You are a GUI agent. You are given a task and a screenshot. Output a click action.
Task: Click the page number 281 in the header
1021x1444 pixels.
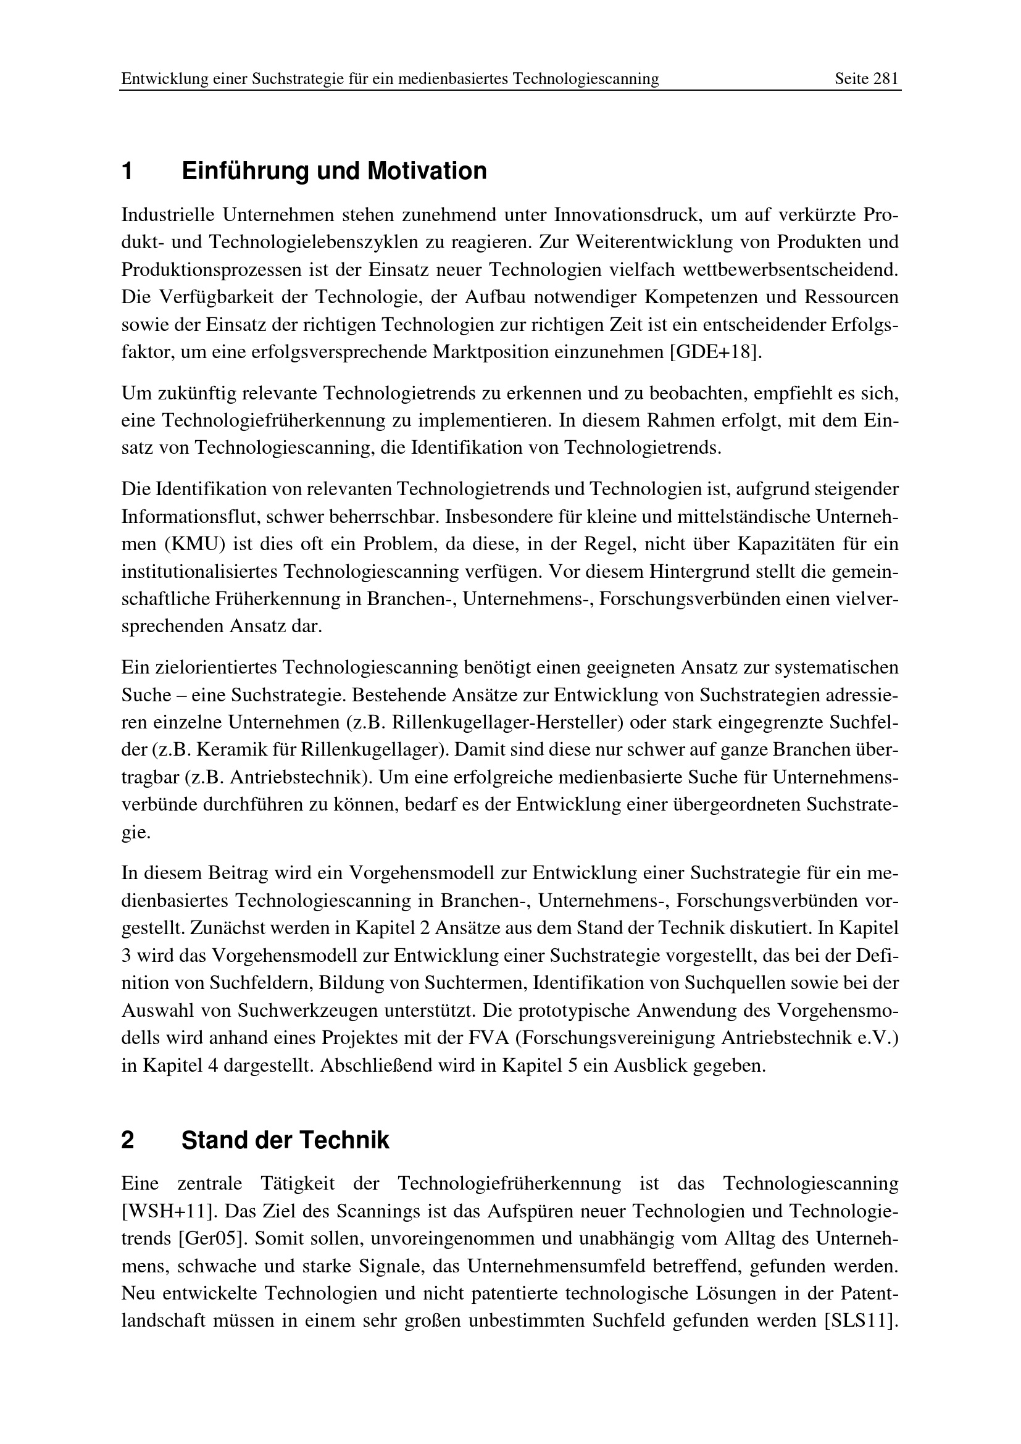point(886,78)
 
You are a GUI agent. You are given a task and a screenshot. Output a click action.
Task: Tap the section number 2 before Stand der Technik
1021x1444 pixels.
point(128,1140)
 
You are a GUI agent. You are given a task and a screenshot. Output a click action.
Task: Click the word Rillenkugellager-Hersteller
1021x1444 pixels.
point(507,723)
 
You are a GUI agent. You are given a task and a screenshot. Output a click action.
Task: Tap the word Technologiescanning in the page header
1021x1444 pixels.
point(585,78)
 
